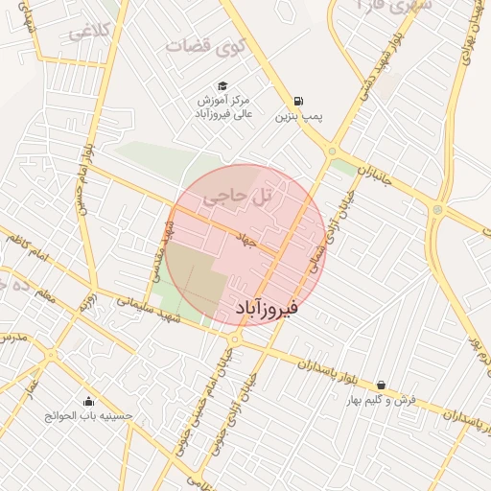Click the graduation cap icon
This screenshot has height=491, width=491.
[223, 86]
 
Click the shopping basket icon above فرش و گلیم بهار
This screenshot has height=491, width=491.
[381, 385]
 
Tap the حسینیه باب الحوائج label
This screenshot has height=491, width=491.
[89, 416]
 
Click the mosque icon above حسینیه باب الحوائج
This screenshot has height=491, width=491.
[89, 401]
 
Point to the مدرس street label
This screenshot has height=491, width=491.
[12, 339]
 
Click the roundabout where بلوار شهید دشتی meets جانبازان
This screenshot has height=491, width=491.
[332, 151]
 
